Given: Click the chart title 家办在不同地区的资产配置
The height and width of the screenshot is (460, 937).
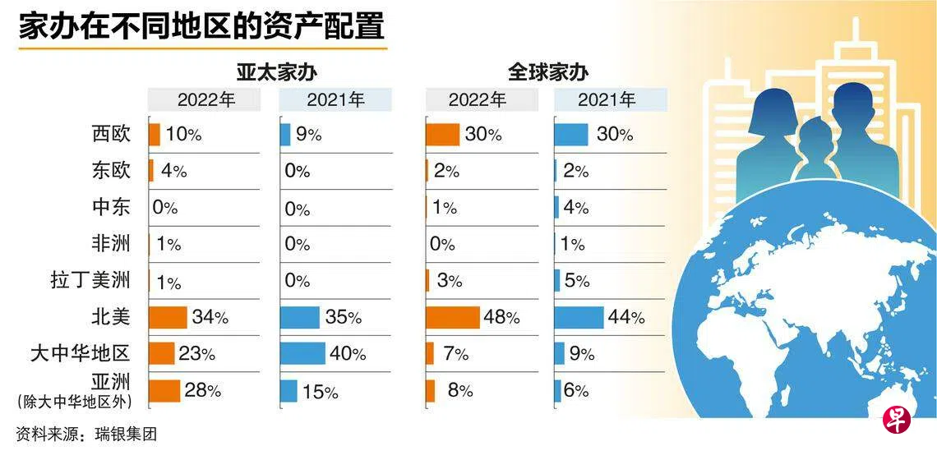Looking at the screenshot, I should click(x=201, y=26).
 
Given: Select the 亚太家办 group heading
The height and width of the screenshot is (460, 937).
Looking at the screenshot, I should click(x=276, y=71).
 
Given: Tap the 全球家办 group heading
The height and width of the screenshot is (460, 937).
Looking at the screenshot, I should click(x=547, y=71).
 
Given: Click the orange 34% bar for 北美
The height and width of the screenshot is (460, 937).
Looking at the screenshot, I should click(x=168, y=317).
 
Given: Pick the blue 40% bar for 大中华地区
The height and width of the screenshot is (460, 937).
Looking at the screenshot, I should click(x=302, y=353).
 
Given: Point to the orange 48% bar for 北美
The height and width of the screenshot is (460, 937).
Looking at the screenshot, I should click(x=452, y=317).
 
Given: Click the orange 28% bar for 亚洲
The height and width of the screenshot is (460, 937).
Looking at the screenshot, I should click(x=164, y=390).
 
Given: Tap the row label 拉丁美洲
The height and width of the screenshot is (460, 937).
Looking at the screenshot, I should click(x=90, y=281).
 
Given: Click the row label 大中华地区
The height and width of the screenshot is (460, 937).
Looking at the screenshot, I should click(x=80, y=354).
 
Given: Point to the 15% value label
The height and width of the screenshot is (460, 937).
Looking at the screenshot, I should click(x=320, y=392).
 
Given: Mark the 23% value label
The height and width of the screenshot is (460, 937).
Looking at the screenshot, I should click(x=197, y=354).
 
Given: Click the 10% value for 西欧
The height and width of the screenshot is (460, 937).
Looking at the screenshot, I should click(x=183, y=135).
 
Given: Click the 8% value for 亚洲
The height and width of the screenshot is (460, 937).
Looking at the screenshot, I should click(x=460, y=391).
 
